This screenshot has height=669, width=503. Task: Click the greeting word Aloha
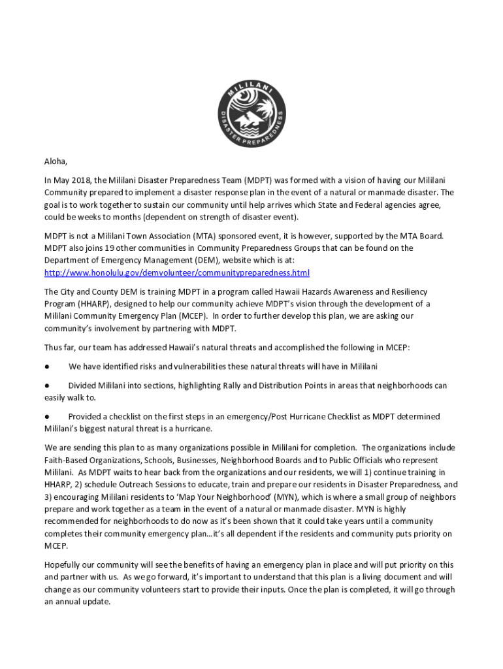click(x=56, y=161)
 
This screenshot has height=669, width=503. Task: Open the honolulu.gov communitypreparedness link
click(x=176, y=272)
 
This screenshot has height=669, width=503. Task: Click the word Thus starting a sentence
click(x=54, y=348)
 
